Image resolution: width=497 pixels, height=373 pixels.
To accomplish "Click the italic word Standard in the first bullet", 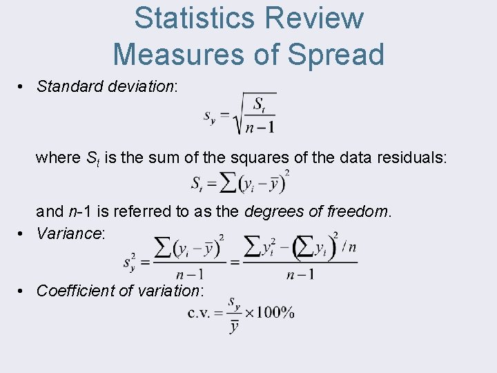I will tap(68, 86).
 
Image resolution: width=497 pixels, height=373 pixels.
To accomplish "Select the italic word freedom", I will tap(358, 211).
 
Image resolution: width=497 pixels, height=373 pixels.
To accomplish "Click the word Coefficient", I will tap(75, 291).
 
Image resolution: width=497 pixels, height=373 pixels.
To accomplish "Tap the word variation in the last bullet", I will tap(168, 291).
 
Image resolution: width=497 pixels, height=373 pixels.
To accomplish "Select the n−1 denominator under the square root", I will tap(260, 127).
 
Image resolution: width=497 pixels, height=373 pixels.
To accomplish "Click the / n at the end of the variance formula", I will tap(349, 247).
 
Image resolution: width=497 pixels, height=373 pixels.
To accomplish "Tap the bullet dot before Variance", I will tap(23, 233).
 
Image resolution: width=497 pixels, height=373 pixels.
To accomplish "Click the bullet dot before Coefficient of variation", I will tap(23, 291).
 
